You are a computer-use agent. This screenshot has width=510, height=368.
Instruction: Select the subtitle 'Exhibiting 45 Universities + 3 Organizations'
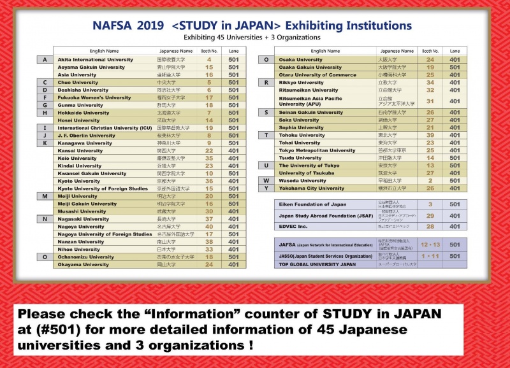click(254, 38)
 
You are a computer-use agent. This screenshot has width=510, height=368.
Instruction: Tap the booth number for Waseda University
click(430, 181)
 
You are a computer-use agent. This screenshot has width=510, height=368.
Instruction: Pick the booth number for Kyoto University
click(208, 181)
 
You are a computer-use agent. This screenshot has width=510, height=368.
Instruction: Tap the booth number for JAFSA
click(430, 244)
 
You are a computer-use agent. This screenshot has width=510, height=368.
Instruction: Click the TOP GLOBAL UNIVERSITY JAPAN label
click(317, 264)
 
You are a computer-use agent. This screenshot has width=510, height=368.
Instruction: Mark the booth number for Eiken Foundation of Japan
click(430, 204)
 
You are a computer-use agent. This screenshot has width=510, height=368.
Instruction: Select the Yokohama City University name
click(312, 188)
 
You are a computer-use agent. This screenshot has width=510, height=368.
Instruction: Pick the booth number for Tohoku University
click(430, 135)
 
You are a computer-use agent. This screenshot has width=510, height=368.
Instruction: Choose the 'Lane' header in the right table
click(455, 50)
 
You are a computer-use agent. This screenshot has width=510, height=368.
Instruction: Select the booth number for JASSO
click(430, 255)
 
